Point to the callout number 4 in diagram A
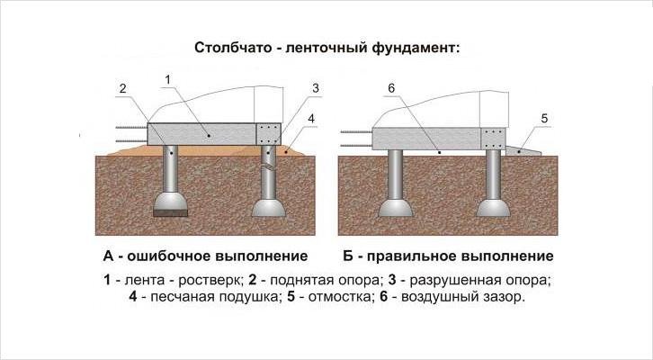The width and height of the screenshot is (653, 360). click(x=311, y=117)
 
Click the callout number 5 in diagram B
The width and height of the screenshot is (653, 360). click(x=545, y=117)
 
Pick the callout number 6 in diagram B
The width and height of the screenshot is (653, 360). click(x=392, y=86)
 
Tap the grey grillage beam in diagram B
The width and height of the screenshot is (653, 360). click(x=432, y=137)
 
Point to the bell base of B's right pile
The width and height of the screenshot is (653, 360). click(x=493, y=208)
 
